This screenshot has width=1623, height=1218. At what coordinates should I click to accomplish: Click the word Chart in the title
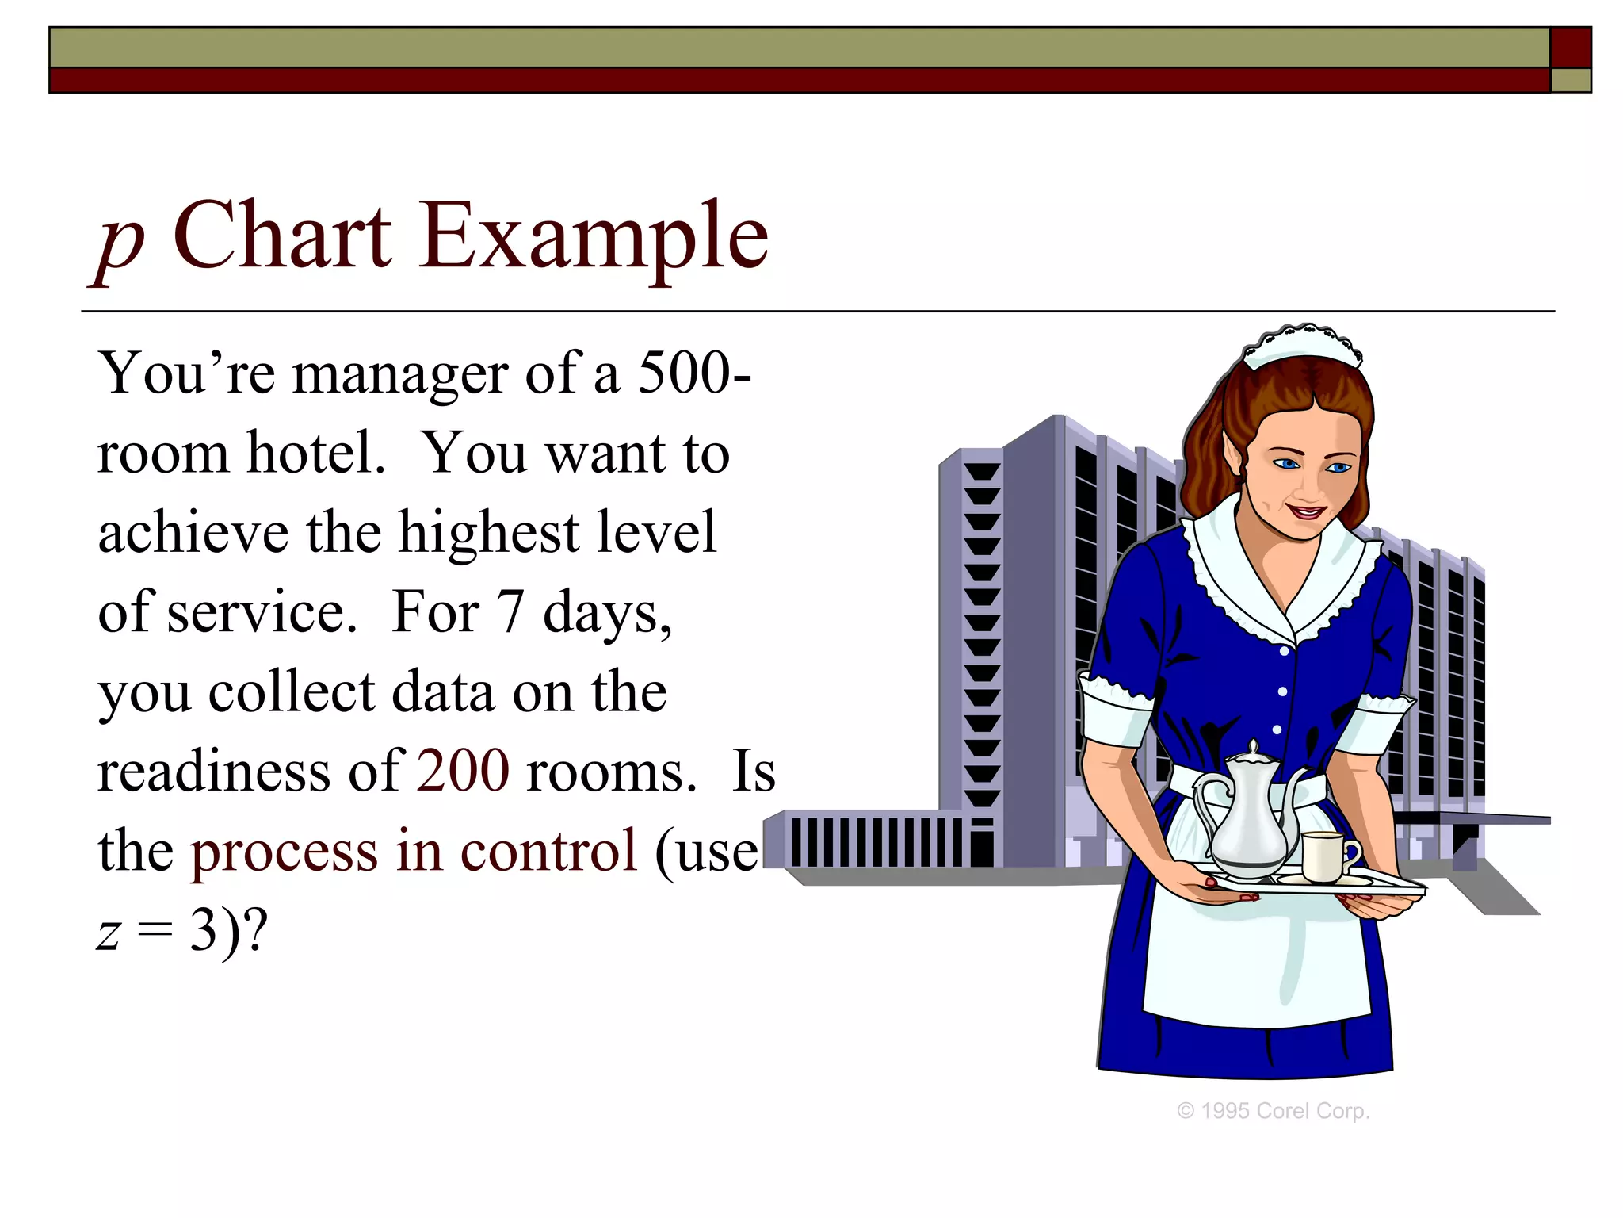(281, 236)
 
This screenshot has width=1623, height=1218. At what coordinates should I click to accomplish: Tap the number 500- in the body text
(694, 373)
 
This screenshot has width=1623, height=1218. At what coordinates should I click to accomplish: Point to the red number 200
(463, 771)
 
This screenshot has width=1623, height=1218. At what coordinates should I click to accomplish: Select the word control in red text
(549, 851)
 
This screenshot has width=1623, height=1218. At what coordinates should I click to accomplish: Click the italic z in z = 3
(109, 932)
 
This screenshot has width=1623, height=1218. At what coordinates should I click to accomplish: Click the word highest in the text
(489, 533)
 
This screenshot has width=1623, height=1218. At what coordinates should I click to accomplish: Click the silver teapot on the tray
(1248, 817)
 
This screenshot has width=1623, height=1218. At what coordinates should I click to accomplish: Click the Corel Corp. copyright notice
(1274, 1111)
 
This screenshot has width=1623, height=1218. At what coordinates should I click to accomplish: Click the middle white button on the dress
(1282, 691)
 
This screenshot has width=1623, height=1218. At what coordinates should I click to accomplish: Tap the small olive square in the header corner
(1571, 81)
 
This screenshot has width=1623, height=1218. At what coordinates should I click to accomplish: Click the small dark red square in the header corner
(1571, 48)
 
